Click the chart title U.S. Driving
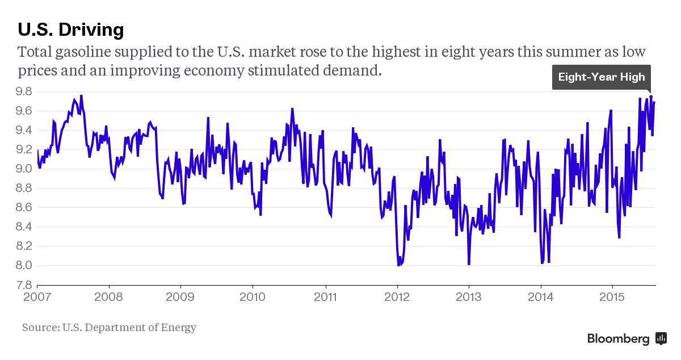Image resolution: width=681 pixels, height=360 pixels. pyautogui.click(x=71, y=30)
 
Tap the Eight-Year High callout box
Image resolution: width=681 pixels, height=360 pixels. pyautogui.click(x=602, y=77)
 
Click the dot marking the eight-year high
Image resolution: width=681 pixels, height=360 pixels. pyautogui.click(x=651, y=97)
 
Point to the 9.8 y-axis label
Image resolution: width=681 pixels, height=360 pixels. pyautogui.click(x=24, y=91)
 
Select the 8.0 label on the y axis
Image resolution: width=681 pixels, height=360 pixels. pyautogui.click(x=24, y=265)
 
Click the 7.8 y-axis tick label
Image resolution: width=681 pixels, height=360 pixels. pyautogui.click(x=24, y=285)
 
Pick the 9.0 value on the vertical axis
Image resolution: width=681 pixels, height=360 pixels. pyautogui.click(x=24, y=169)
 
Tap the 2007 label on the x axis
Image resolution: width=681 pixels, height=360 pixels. pyautogui.click(x=37, y=297)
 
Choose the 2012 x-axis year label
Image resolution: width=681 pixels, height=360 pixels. pyautogui.click(x=397, y=297)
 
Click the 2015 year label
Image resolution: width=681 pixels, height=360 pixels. pyautogui.click(x=612, y=297)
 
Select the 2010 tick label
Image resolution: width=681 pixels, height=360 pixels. pyautogui.click(x=253, y=297)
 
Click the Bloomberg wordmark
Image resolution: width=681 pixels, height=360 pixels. pyautogui.click(x=618, y=338)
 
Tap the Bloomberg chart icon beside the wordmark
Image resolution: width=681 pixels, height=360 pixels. pyautogui.click(x=661, y=338)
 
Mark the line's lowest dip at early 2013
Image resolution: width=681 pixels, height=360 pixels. pyautogui.click(x=469, y=264)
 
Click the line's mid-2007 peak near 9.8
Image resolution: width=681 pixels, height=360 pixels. pyautogui.click(x=81, y=96)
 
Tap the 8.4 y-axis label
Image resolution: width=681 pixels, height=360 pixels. pyautogui.click(x=24, y=227)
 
